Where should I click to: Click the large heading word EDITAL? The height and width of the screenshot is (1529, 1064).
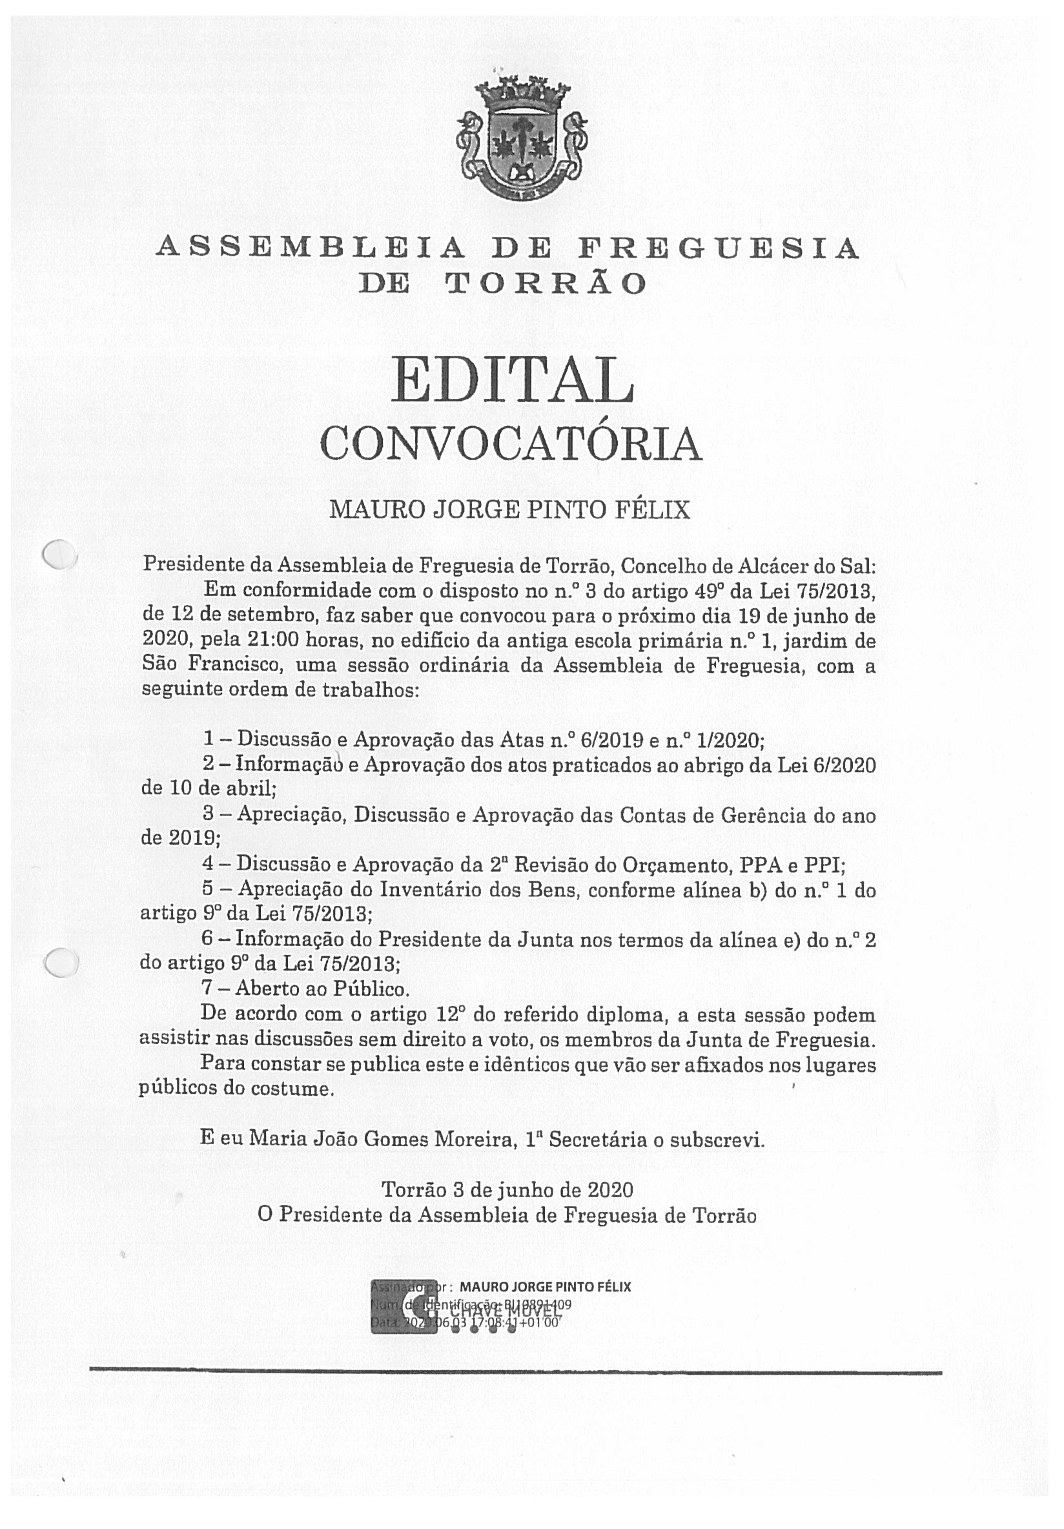511,380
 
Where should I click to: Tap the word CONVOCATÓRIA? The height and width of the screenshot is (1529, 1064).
511,445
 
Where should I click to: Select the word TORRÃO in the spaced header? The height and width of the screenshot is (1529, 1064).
546,284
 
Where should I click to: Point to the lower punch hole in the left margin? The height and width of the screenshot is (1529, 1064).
61,963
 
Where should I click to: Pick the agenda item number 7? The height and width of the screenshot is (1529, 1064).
208,989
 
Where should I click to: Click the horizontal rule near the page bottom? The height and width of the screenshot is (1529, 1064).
515,1372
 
